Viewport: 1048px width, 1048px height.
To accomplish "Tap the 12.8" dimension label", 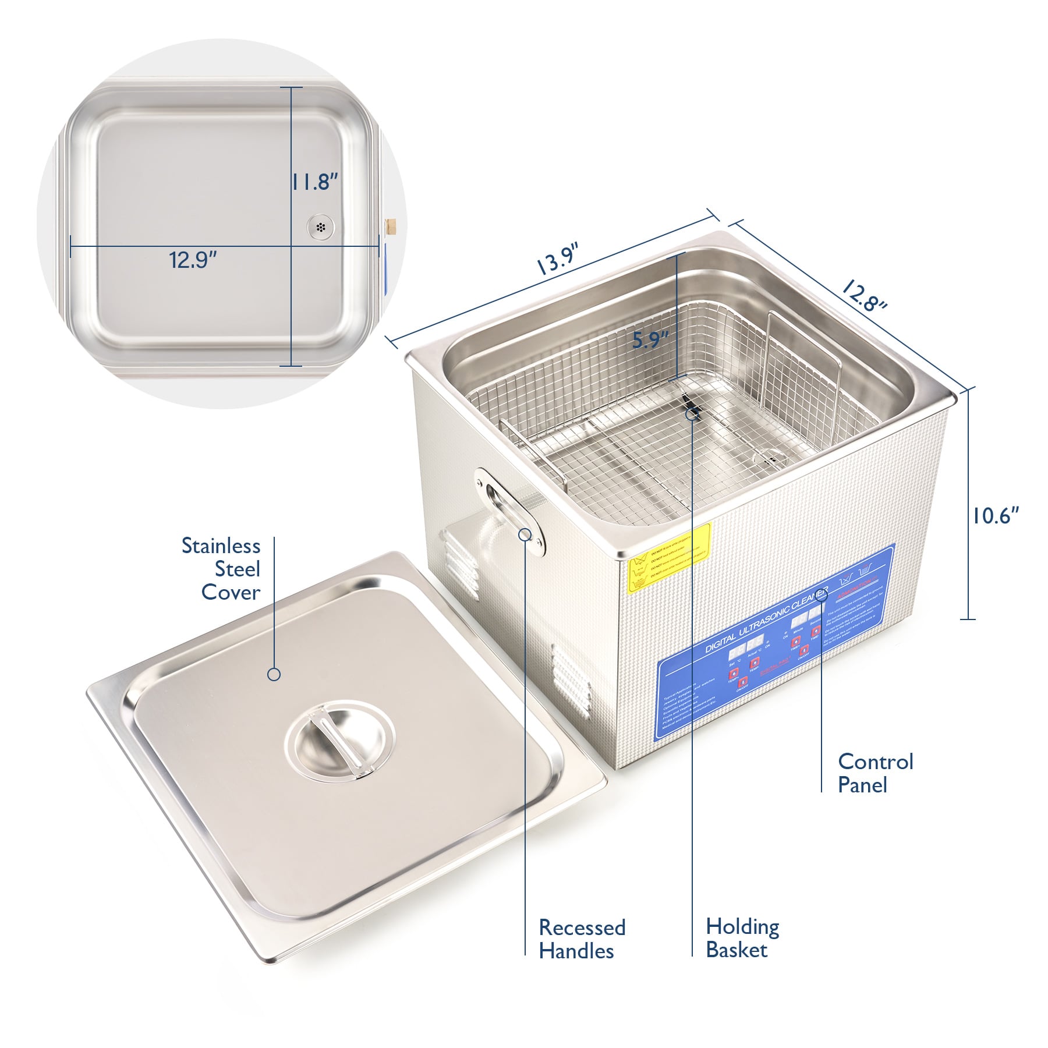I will (863, 296).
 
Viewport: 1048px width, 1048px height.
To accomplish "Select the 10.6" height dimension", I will (995, 515).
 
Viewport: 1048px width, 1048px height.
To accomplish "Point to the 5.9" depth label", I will (650, 340).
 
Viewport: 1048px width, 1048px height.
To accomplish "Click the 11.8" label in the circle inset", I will (315, 182).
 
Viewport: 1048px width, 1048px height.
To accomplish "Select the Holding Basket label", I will (742, 938).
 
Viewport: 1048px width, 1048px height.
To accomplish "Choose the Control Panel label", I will (875, 773).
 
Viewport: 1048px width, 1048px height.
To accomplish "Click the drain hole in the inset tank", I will (320, 226).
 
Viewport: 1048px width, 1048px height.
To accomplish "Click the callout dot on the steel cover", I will (274, 674).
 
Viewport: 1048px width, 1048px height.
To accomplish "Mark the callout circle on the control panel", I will (822, 596).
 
